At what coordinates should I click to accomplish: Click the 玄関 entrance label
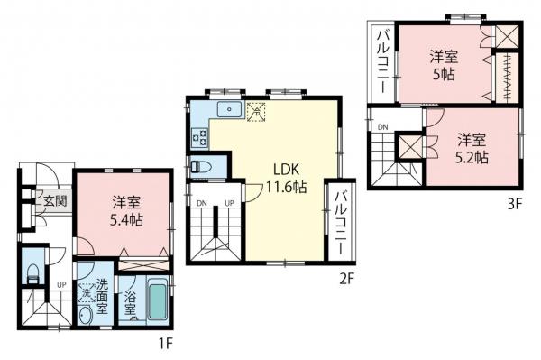(x=55, y=201)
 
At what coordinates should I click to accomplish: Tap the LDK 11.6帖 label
(x=286, y=178)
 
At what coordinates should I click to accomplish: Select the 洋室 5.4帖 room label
(x=126, y=211)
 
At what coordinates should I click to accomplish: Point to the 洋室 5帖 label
(x=444, y=66)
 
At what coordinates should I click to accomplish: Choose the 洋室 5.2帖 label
(x=472, y=148)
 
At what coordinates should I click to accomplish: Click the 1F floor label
(x=165, y=344)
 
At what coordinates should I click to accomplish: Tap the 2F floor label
(x=347, y=279)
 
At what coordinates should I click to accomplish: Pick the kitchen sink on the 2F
(x=229, y=109)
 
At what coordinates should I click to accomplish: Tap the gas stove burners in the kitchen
(x=200, y=138)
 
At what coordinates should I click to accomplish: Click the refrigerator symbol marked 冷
(x=256, y=112)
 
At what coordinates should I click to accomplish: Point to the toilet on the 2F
(x=201, y=167)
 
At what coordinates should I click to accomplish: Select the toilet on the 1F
(x=32, y=273)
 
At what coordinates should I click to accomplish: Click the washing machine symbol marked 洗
(x=87, y=293)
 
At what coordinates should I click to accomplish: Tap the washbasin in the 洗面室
(x=85, y=315)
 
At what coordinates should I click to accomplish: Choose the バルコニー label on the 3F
(x=383, y=61)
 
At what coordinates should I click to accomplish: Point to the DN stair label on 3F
(x=382, y=127)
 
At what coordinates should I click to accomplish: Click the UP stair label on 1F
(x=61, y=285)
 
